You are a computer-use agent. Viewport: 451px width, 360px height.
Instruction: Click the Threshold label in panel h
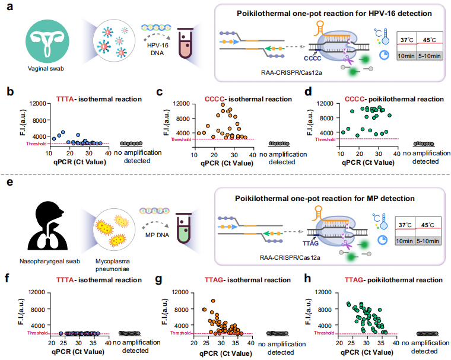[323, 333]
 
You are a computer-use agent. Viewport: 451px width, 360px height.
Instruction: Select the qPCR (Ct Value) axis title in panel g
[222, 351]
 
